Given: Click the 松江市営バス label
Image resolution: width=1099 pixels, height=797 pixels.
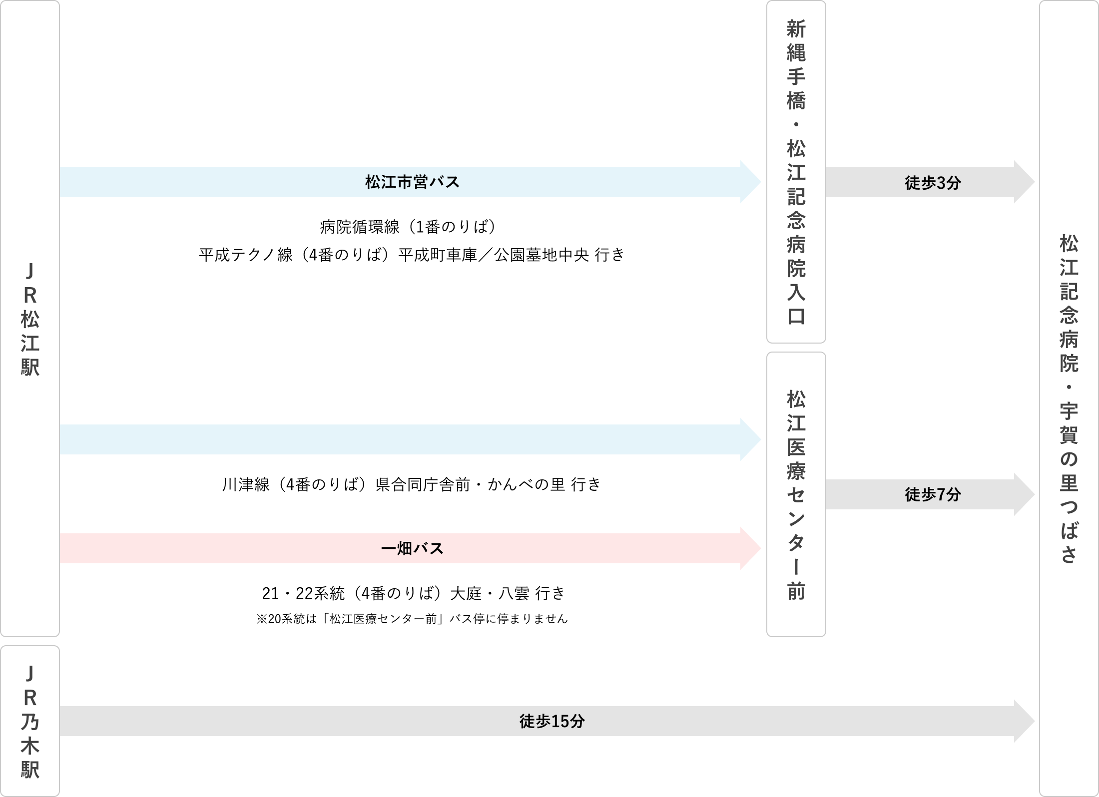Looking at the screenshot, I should [412, 182].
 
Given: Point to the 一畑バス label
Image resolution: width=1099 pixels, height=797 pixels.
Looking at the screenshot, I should [412, 549].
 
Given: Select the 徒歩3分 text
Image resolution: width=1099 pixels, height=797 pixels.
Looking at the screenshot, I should [933, 183].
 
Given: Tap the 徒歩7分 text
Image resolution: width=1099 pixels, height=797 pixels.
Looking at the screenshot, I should [933, 495].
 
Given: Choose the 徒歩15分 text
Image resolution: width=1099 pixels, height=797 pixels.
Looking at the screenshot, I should [551, 721].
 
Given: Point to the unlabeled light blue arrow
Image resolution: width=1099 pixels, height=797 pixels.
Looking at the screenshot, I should [400, 439].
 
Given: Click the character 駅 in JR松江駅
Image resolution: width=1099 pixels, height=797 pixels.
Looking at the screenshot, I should [30, 368].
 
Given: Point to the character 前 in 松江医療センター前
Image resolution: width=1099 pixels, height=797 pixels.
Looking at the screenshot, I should [796, 591].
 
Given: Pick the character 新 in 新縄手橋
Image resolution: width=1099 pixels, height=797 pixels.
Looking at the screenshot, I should [796, 29].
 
